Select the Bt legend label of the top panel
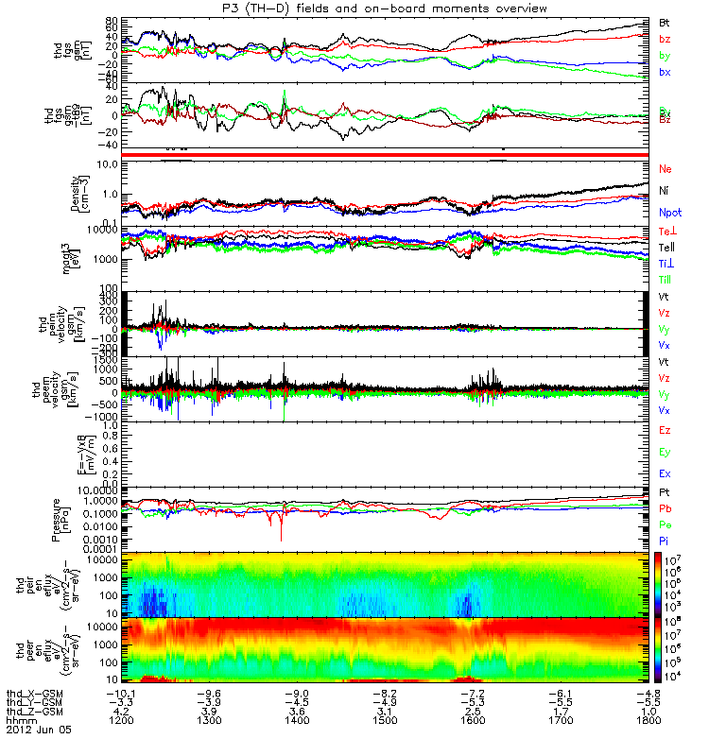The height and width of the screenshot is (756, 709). pos(665,21)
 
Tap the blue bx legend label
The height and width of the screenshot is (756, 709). pos(665,73)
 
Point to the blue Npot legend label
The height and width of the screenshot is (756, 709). pos(669,215)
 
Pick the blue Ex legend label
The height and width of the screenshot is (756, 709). pos(666,473)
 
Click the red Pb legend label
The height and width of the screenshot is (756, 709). pos(666,509)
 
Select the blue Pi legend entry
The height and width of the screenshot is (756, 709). pos(665,541)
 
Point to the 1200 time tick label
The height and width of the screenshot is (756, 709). pos(123,719)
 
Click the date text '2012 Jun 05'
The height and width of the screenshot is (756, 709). pos(39,730)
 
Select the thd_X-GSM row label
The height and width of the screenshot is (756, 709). pos(34,692)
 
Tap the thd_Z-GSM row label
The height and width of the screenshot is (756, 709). pos(34,711)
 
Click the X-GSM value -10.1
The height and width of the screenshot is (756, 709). pos(123,692)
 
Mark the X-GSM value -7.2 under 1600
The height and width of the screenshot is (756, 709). pos(472,692)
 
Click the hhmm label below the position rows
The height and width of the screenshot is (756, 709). pos(21,720)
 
